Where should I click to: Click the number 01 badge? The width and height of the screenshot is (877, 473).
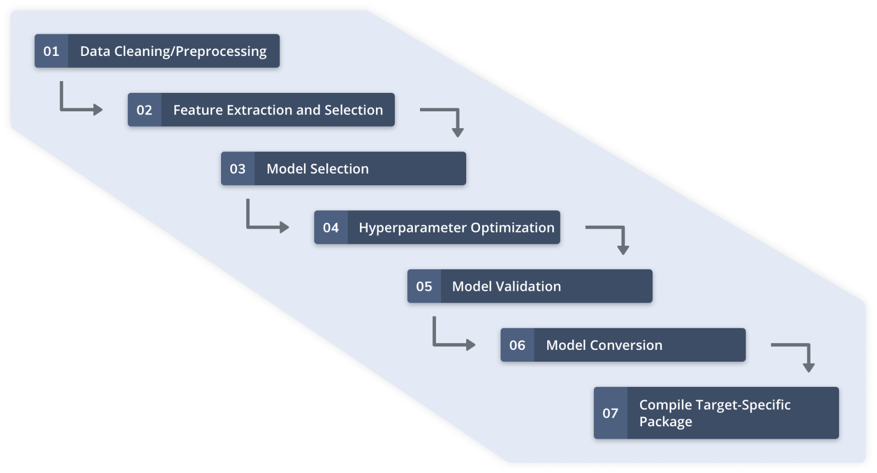coord(51,51)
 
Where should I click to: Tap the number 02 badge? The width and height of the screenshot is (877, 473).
coord(145,110)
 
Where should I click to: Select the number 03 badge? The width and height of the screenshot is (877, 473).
coord(237,169)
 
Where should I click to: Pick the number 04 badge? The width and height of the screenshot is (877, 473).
coord(331,227)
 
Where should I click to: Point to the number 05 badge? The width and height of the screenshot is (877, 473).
coord(424,286)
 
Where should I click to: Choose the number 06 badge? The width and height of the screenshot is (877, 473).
coord(517,345)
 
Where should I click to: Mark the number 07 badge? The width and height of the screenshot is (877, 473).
coord(610,413)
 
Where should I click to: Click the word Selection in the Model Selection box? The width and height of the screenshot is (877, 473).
coord(340,169)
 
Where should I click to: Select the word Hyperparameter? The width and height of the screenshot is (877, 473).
coord(413,228)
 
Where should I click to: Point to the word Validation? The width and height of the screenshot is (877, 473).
coord(528,286)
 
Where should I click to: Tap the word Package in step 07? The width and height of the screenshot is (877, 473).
coord(666,422)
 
